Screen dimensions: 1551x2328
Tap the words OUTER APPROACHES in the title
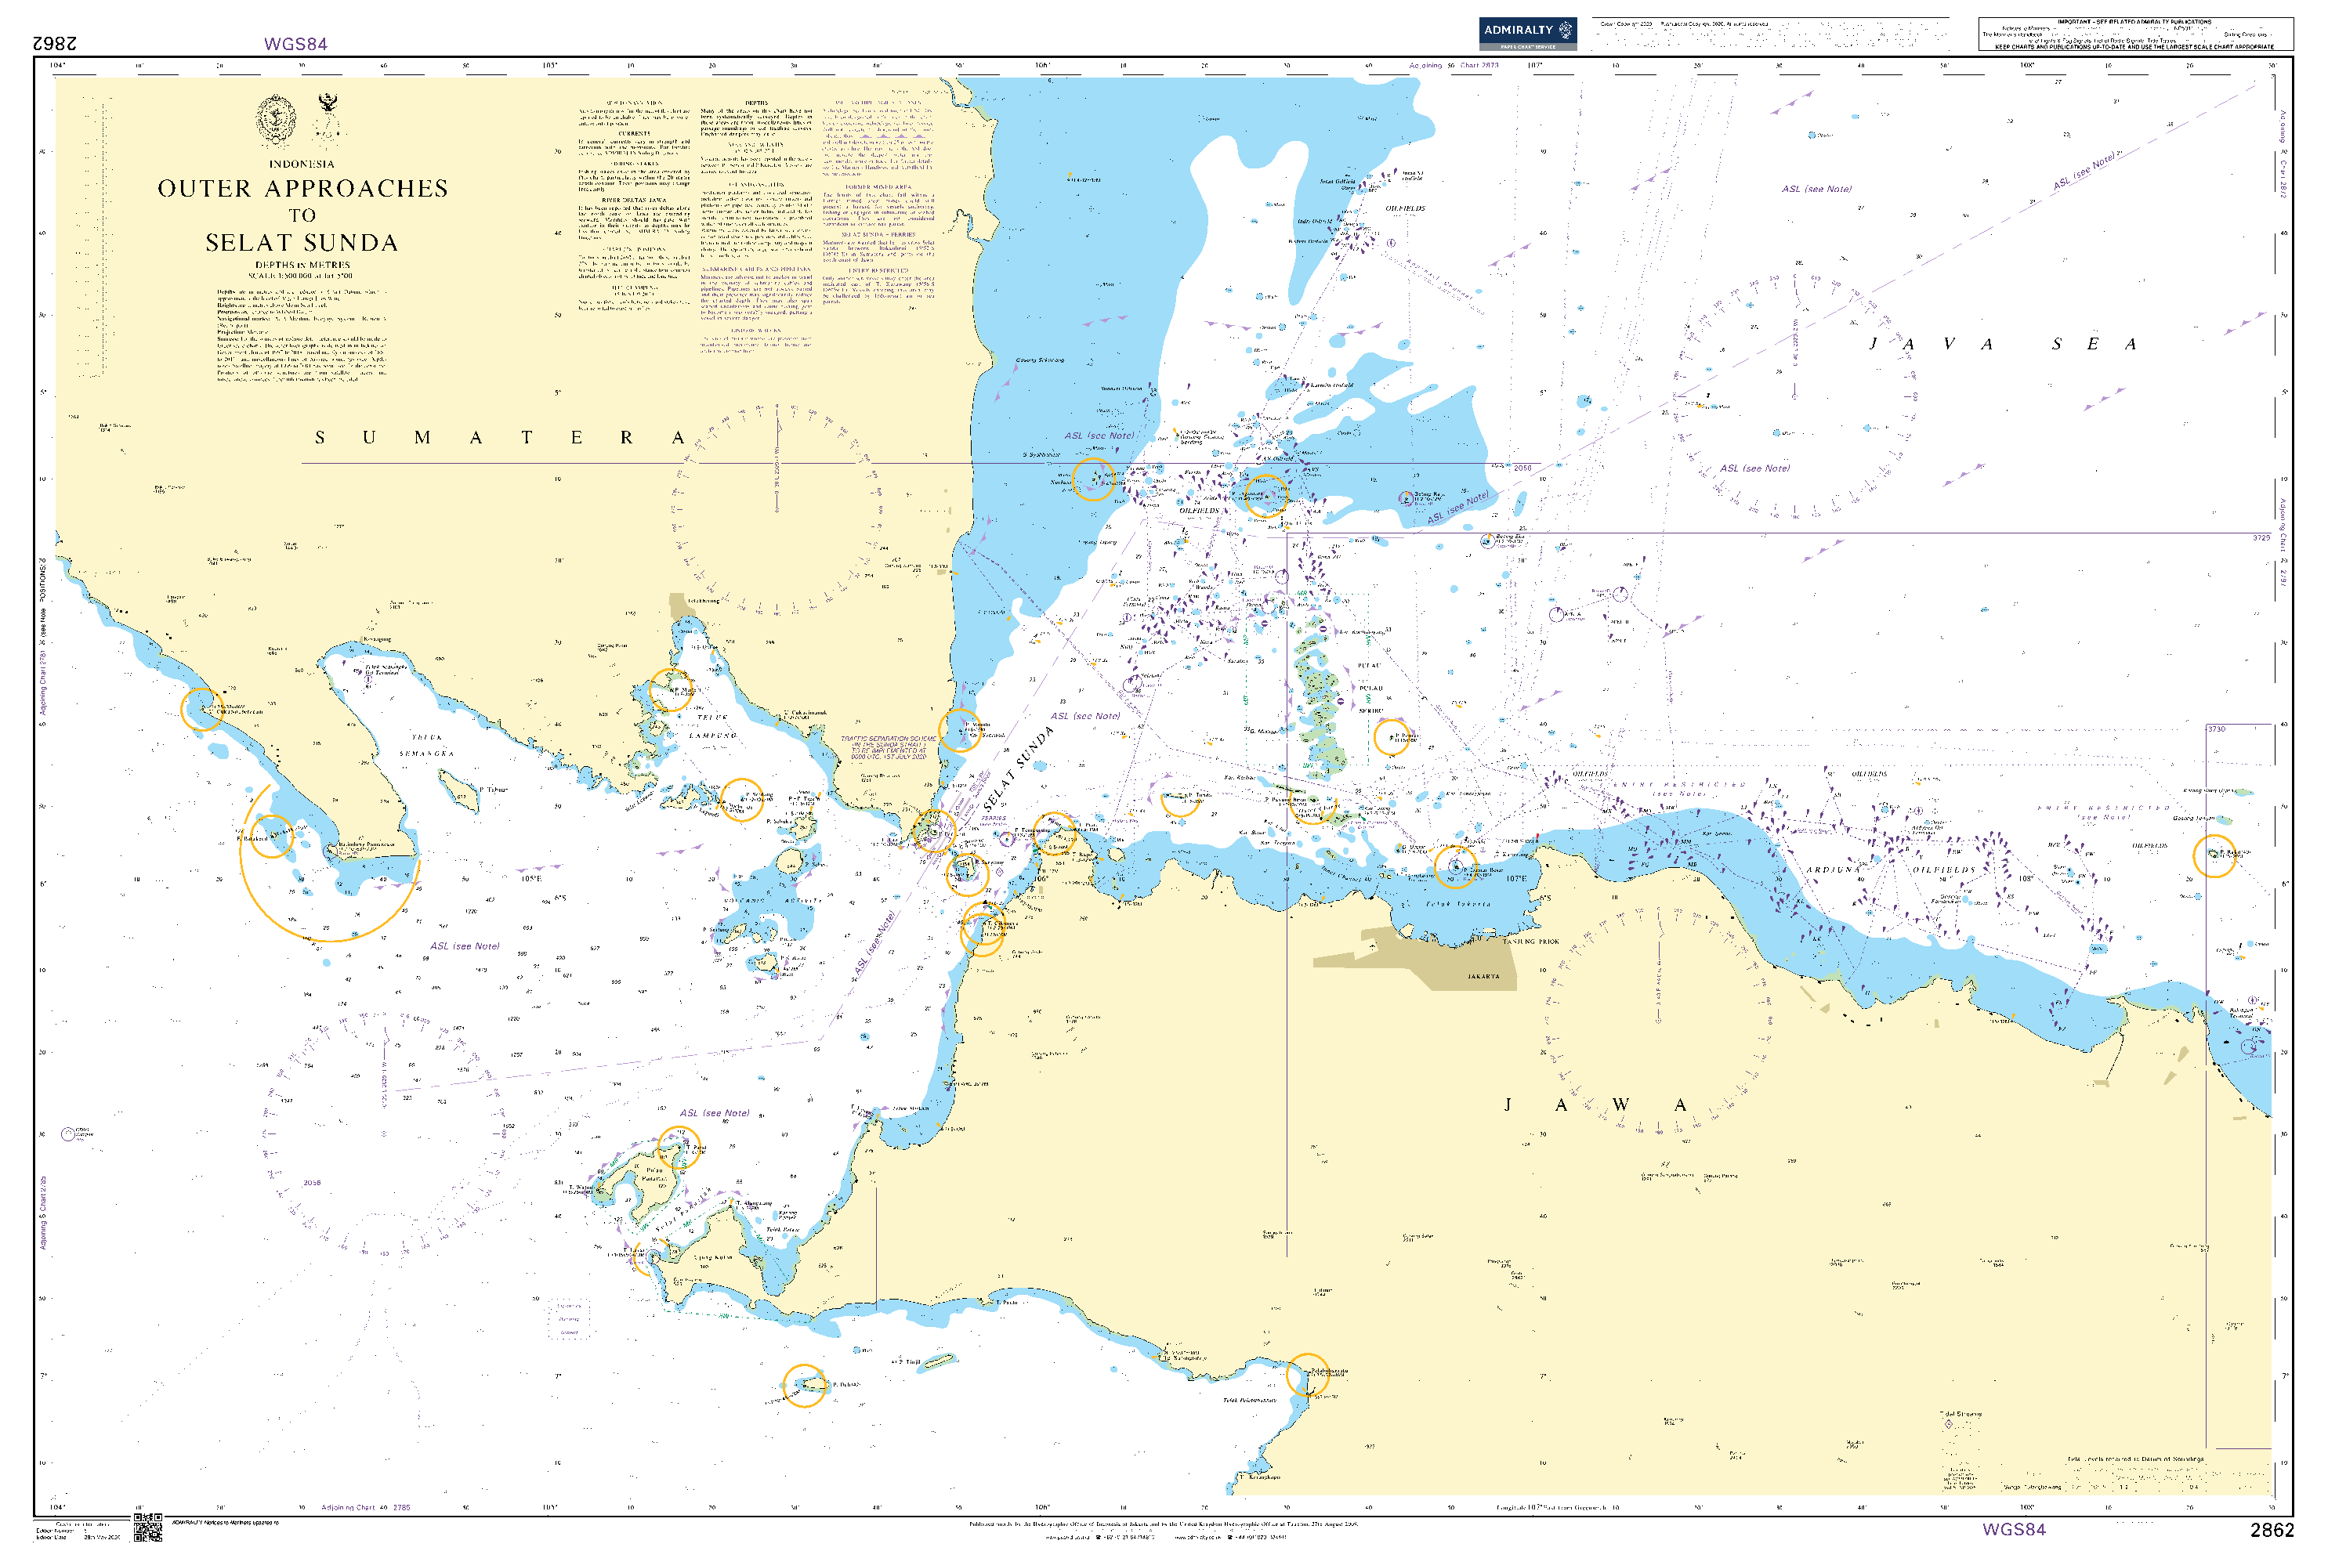302,189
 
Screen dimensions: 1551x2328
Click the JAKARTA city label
1483,976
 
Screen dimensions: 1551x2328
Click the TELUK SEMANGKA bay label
427,745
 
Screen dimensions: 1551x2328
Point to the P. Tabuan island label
494,790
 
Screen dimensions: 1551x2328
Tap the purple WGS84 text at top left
295,45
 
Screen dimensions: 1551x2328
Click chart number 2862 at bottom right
2272,1530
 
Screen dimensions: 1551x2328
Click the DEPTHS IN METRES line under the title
302,265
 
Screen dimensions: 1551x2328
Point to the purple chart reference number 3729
2261,538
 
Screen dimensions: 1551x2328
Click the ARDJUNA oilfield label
1830,869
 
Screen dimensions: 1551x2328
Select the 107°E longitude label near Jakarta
1515,878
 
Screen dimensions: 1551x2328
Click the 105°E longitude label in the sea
531,878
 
